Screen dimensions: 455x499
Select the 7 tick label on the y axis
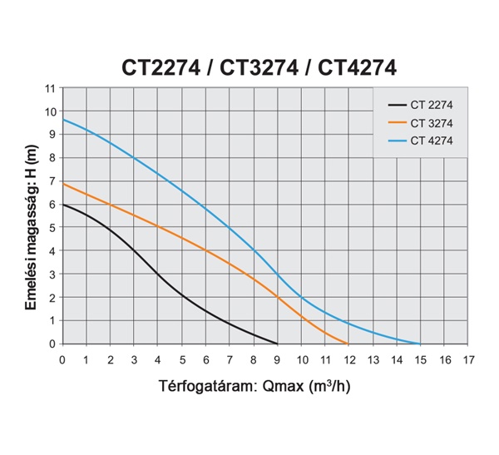click(x=52, y=181)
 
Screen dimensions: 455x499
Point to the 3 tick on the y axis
click(x=52, y=274)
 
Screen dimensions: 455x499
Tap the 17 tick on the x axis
click(x=468, y=359)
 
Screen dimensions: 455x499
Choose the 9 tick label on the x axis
click(x=278, y=359)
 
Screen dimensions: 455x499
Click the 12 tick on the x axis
click(x=348, y=359)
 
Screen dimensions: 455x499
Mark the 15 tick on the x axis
click(x=421, y=359)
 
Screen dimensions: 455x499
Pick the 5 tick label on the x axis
click(x=181, y=359)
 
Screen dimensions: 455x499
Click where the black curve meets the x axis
click(x=277, y=344)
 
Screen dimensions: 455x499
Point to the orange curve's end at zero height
click(x=348, y=344)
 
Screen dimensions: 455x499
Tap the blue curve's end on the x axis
click(x=420, y=344)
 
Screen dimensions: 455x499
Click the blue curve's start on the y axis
click(x=63, y=120)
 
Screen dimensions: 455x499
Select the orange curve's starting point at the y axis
click(x=63, y=183)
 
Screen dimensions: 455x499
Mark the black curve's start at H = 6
click(x=63, y=205)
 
